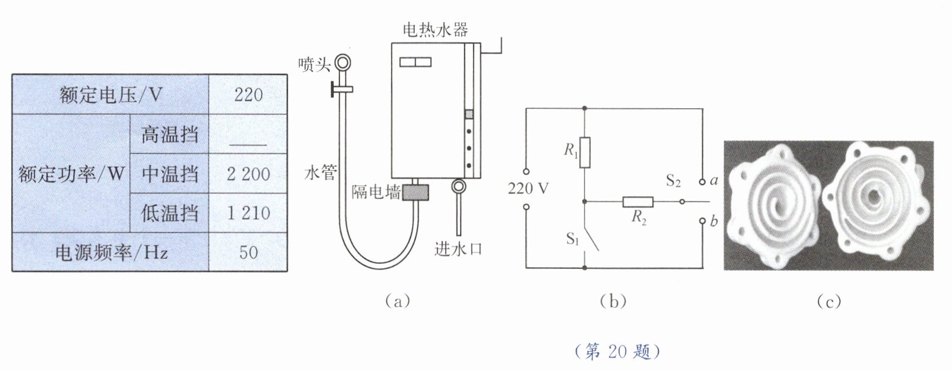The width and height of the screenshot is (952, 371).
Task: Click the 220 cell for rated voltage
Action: (249, 94)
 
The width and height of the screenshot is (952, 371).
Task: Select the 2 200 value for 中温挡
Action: (249, 174)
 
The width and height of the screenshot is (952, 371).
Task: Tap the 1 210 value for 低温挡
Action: (249, 213)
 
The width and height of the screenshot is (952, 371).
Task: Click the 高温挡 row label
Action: (169, 134)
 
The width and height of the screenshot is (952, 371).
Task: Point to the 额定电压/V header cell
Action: (110, 94)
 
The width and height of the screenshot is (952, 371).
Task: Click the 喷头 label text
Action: (314, 65)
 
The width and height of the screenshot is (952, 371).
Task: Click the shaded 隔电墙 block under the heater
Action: (415, 192)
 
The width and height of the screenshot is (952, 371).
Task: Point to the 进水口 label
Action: (458, 249)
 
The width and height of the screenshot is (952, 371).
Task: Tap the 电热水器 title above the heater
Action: (435, 29)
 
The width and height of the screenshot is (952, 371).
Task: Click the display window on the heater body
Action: (415, 62)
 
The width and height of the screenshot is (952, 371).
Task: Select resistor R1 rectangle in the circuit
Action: (585, 152)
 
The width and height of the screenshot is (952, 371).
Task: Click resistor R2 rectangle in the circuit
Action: (638, 202)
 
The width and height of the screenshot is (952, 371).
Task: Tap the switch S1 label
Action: (573, 239)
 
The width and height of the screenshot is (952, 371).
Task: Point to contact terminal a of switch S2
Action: (702, 182)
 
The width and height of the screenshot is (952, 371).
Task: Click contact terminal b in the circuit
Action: (702, 221)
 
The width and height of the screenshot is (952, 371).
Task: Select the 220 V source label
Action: (528, 188)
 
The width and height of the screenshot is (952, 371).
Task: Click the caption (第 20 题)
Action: (617, 352)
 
